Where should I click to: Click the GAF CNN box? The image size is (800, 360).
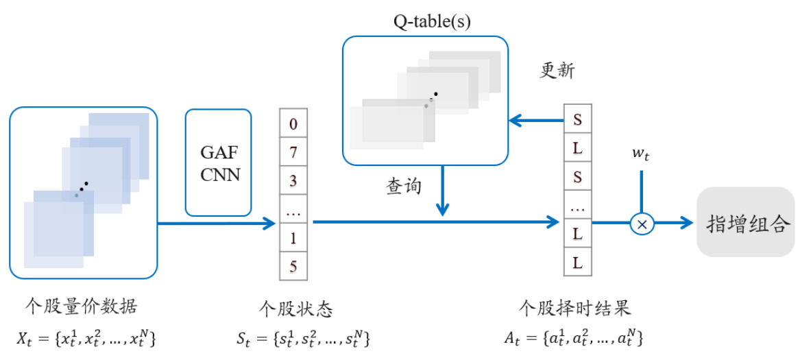click(219, 163)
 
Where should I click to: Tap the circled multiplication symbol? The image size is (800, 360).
click(642, 223)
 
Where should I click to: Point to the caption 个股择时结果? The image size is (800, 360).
click(574, 307)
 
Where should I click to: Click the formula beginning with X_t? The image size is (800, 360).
click(86, 337)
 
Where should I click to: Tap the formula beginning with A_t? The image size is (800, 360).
click(574, 337)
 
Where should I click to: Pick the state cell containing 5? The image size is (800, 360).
click(293, 266)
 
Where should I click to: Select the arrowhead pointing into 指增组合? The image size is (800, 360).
click(687, 223)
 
